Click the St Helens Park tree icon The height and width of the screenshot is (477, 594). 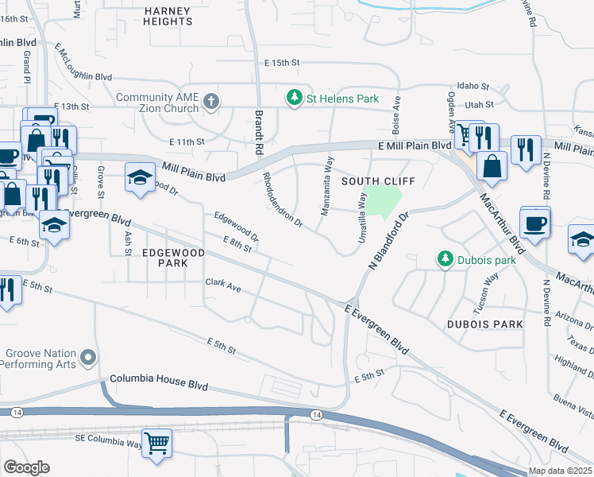(295, 98)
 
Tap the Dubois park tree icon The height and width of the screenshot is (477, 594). (445, 259)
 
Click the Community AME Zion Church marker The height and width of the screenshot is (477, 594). (210, 101)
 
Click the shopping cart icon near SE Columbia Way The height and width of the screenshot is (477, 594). (156, 443)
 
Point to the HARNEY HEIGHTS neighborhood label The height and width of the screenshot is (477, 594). (168, 16)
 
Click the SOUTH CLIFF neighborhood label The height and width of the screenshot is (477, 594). (368, 181)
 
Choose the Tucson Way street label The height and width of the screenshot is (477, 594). (486, 289)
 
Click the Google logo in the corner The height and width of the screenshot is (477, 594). (26, 467)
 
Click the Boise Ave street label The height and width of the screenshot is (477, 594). (395, 115)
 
